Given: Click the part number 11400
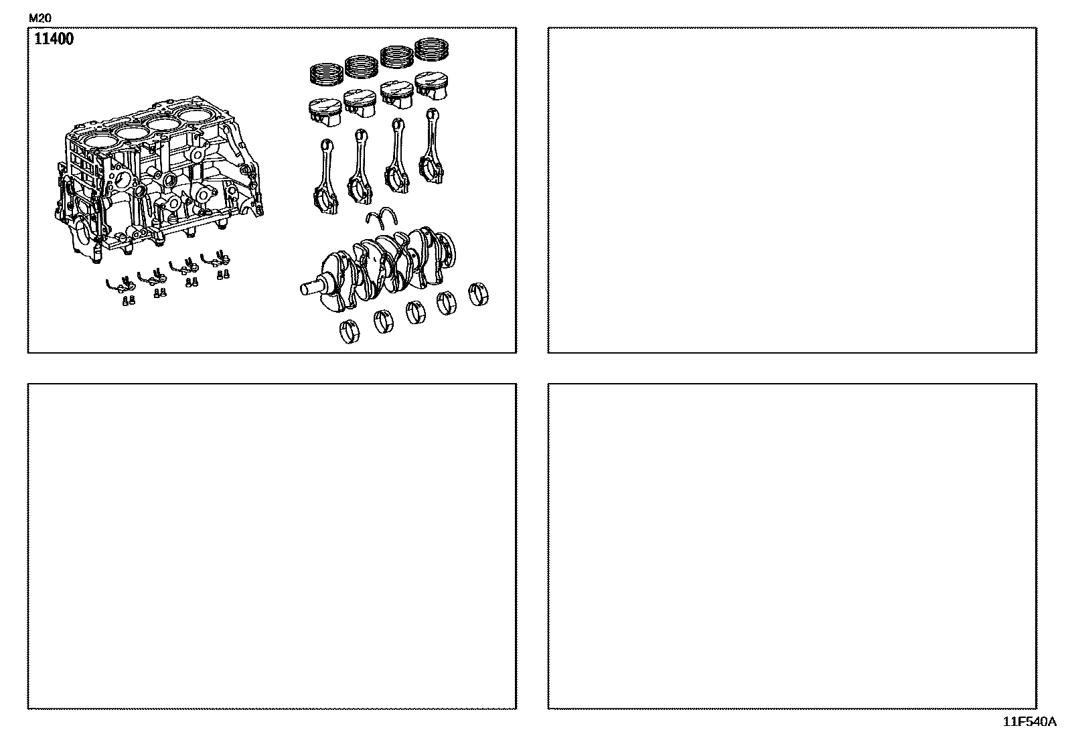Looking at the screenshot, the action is [x=54, y=39].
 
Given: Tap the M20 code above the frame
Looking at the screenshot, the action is [x=40, y=18].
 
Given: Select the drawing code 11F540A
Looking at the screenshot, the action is [x=1029, y=722].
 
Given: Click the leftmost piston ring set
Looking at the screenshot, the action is [x=327, y=74].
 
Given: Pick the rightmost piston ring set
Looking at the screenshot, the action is [x=432, y=50].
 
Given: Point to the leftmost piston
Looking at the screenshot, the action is [x=325, y=113].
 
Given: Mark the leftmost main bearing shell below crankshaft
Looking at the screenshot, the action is [x=350, y=332].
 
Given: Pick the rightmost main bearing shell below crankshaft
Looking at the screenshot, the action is [x=478, y=294].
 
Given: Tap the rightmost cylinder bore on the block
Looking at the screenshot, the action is [x=195, y=116].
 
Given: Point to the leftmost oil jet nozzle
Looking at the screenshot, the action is [x=121, y=285].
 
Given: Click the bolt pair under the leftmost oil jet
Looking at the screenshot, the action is [x=129, y=301].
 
